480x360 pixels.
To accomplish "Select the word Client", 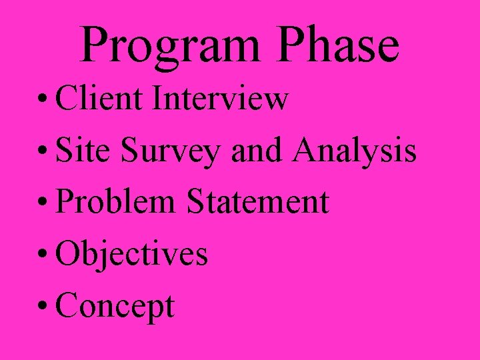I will tap(100, 99).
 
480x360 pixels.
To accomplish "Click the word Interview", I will tap(221, 99).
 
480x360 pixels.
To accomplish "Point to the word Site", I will tap(84, 151).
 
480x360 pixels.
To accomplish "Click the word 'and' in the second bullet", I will tap(256, 151).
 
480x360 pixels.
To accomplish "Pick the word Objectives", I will tap(132, 255).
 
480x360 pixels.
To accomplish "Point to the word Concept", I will tap(115, 307).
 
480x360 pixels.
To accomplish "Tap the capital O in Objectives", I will tap(69, 254).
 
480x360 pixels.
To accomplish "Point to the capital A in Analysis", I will tap(308, 150).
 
